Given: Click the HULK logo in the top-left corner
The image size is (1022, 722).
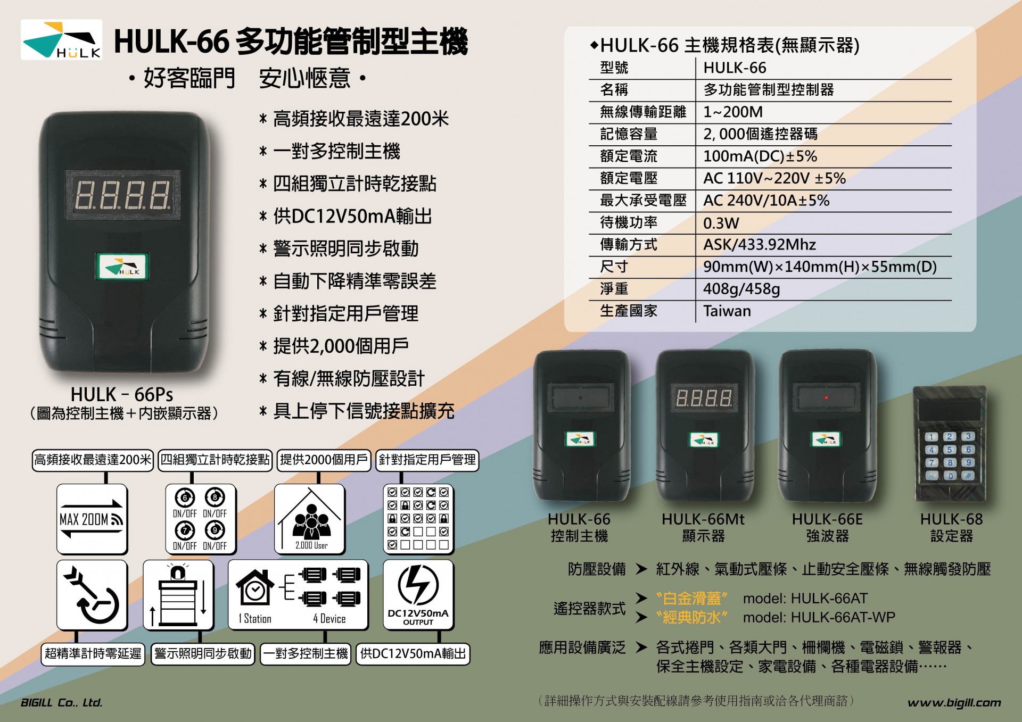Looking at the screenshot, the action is (x=61, y=39).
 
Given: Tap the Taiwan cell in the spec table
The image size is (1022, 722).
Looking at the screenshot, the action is (x=727, y=311).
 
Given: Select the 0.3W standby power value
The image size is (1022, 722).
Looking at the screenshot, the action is (x=721, y=223).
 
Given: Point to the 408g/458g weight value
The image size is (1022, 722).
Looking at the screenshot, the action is (x=741, y=289).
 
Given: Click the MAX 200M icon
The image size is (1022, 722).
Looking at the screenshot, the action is (x=92, y=519).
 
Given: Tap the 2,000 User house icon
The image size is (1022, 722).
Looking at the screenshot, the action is (x=310, y=519).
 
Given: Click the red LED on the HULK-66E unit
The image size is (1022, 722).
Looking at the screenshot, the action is (x=826, y=397).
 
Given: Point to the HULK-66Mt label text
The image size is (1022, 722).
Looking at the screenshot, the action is (x=703, y=519).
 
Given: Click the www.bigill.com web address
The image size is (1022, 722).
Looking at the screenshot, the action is (x=954, y=703).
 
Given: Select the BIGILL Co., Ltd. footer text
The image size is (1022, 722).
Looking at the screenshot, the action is (x=62, y=702).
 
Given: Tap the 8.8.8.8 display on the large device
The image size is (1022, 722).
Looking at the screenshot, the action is (x=123, y=195).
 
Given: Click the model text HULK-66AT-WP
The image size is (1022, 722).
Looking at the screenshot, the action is (x=819, y=617).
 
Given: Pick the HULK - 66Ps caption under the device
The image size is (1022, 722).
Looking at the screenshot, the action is (x=122, y=394).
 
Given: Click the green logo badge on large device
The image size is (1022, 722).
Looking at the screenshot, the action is (x=122, y=266).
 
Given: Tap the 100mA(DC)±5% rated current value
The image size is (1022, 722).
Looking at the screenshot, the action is (x=760, y=156).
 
